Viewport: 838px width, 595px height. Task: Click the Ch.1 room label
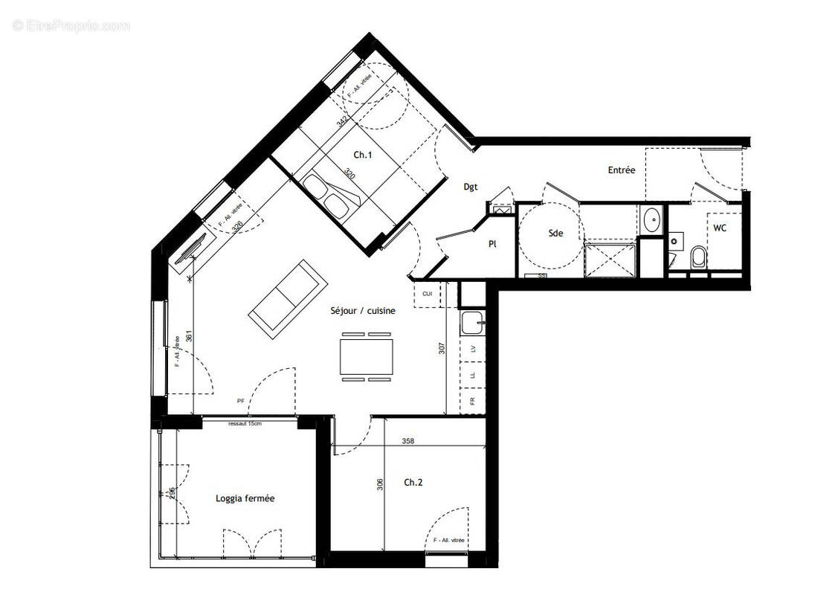[x=362, y=155]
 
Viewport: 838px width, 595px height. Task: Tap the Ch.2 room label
[x=413, y=483]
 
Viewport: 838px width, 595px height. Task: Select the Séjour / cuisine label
[x=363, y=312]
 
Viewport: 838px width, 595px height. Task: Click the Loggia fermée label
[x=245, y=498]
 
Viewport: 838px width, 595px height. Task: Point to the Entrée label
[x=622, y=170]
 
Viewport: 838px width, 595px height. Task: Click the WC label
[x=720, y=228]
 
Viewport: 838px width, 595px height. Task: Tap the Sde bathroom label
[x=555, y=233]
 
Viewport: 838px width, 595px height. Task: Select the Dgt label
[x=471, y=187]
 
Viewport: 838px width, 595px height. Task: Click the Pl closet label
[x=492, y=243]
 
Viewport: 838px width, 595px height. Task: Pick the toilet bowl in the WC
[x=698, y=258]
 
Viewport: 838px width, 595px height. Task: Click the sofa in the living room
[x=287, y=297]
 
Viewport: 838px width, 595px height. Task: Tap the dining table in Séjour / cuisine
[x=366, y=357]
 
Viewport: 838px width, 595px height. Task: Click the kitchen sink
[x=471, y=324]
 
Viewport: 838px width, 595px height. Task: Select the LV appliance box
[x=472, y=349]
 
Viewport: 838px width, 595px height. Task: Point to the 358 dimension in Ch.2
[x=407, y=441]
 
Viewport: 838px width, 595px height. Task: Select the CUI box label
[x=427, y=294]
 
